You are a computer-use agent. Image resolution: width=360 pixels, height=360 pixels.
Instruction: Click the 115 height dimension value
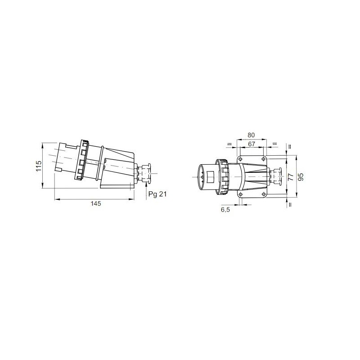pyautogui.click(x=39, y=166)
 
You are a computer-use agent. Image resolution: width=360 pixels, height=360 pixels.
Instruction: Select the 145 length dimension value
pyautogui.click(x=95, y=203)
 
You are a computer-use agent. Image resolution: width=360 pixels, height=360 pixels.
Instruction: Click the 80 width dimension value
pyautogui.click(x=252, y=135)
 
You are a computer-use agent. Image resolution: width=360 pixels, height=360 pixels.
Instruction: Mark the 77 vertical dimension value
pyautogui.click(x=290, y=177)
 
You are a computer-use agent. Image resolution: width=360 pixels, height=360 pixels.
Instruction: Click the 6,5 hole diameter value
pyautogui.click(x=225, y=209)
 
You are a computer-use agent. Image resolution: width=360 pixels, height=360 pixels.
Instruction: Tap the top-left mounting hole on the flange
pyautogui.click(x=240, y=160)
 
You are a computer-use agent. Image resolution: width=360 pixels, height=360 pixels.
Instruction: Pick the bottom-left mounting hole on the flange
pyautogui.click(x=240, y=194)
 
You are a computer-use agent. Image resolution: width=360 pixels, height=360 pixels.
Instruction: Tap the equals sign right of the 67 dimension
pyautogui.click(x=275, y=144)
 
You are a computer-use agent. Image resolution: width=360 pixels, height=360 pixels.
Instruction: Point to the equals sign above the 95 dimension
pyautogui.click(x=290, y=146)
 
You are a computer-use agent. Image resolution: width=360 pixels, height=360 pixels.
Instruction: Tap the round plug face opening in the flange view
pyautogui.click(x=205, y=177)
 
